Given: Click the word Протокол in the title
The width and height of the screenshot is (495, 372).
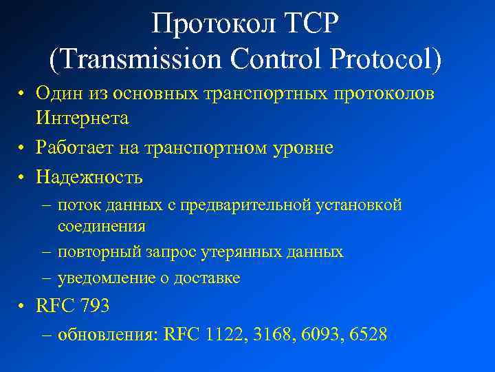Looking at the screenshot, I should (212, 25).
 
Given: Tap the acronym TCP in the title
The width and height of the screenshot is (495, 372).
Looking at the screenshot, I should (310, 25).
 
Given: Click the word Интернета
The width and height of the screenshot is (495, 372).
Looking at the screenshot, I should (82, 118).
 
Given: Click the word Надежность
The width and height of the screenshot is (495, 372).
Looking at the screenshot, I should (89, 177).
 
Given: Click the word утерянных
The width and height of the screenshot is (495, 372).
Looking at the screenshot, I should (236, 252).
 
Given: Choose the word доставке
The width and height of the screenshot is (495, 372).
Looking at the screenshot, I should (208, 278).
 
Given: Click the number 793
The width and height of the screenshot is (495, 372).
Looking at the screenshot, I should (95, 306).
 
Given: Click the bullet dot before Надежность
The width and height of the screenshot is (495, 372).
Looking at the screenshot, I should (23, 178).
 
